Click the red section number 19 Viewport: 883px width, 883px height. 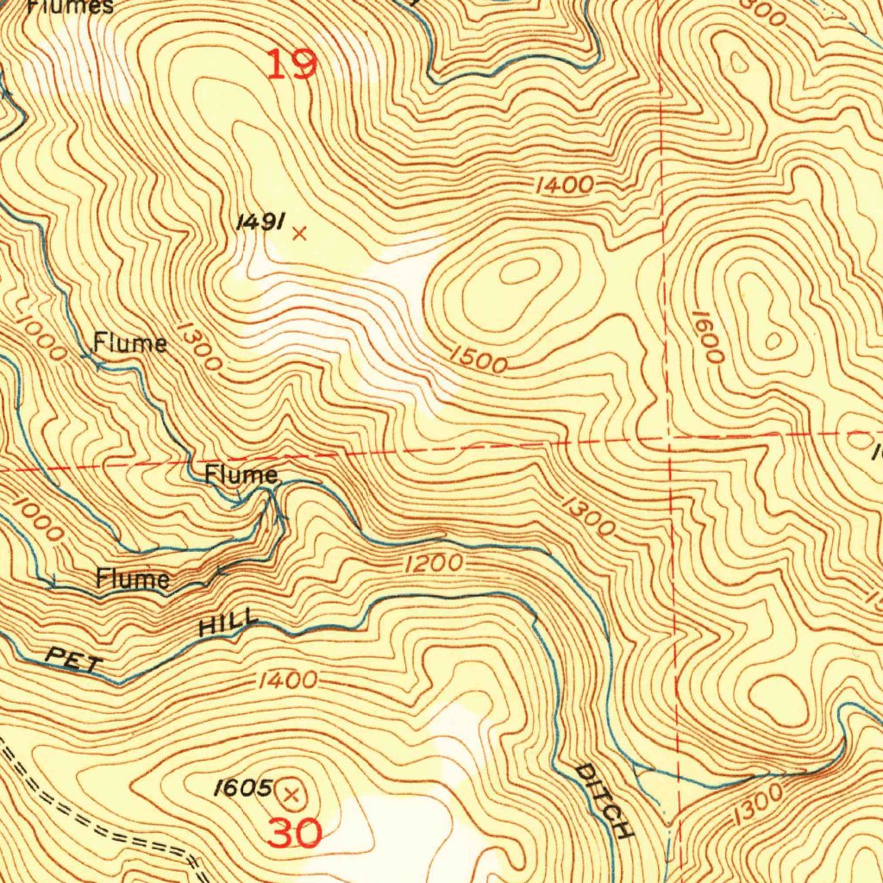pyautogui.click(x=291, y=65)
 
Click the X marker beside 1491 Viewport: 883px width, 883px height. pyautogui.click(x=299, y=233)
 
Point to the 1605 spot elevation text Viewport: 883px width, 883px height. pyautogui.click(x=244, y=787)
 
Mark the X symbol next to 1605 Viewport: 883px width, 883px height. pyautogui.click(x=291, y=792)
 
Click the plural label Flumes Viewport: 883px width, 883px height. pyautogui.click(x=70, y=7)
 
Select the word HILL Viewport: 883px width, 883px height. pyautogui.click(x=229, y=622)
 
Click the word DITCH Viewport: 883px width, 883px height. pyautogui.click(x=605, y=801)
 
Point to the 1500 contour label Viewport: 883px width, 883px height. pyautogui.click(x=478, y=360)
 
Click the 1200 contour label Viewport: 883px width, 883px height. pyautogui.click(x=434, y=565)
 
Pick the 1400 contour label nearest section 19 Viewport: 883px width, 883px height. pyautogui.click(x=564, y=185)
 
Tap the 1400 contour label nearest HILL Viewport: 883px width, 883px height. pyautogui.click(x=286, y=681)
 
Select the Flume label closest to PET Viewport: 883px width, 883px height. pyautogui.click(x=132, y=579)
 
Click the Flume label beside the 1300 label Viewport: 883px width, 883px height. pyautogui.click(x=130, y=343)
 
